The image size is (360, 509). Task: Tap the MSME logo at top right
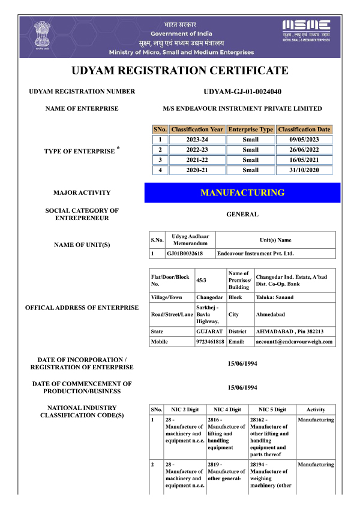[306, 27]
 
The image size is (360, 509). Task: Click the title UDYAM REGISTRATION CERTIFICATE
[180, 71]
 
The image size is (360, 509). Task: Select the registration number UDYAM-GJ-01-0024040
[242, 92]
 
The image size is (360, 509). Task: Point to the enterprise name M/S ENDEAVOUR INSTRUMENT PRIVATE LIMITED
[242, 109]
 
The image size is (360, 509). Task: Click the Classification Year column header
[197, 129]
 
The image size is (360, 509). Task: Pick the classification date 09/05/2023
[304, 140]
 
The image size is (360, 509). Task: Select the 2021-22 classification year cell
[197, 160]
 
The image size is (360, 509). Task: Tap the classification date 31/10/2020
[304, 170]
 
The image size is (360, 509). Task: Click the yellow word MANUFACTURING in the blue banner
[242, 192]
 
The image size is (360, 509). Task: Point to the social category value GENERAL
[242, 214]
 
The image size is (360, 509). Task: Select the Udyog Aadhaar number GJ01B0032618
[184, 254]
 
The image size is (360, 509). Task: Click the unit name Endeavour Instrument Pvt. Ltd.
[255, 254]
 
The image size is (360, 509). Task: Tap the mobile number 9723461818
[210, 342]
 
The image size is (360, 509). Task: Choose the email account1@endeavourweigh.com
[294, 342]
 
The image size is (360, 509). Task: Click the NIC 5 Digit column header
[271, 409]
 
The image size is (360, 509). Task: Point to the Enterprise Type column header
[250, 129]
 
